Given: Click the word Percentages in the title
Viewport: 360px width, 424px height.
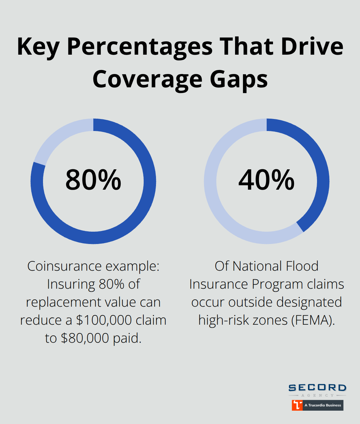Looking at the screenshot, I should point(140,47).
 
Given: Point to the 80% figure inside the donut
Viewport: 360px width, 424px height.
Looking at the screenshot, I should point(93,180).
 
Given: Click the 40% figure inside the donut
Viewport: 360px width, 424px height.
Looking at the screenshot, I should point(267,180).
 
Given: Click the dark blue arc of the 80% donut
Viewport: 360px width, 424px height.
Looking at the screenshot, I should point(133,220).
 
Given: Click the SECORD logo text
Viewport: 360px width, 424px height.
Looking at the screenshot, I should point(317,388).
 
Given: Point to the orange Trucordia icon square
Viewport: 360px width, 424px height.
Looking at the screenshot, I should point(297,405).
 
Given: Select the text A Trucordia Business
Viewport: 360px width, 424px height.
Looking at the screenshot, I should point(323,405).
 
